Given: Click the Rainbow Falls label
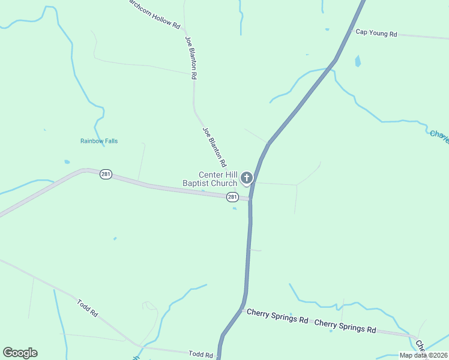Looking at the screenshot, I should coord(99,141).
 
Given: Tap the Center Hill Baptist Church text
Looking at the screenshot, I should coord(210,179).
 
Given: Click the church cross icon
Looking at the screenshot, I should coord(246,178).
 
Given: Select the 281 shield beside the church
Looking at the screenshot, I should coord(232,197).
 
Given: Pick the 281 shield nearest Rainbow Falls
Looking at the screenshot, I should coord(106,174).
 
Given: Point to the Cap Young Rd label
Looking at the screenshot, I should coord(376,34).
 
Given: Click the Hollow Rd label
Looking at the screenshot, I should coord(153,16).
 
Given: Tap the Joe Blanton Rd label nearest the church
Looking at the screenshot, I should coord(214,147).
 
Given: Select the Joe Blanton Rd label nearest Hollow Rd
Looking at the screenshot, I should coord(190,58).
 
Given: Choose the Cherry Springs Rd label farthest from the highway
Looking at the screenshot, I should coord(345,326).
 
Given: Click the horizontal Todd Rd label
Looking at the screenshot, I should coord(200,355).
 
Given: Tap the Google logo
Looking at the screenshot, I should coord(20,353).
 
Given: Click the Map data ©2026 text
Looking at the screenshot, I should coord(423,355).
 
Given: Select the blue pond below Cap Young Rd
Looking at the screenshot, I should coord(358,61).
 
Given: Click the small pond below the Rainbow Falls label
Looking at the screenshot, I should coord(67,162).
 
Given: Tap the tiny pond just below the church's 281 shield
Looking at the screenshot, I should coord(234,208).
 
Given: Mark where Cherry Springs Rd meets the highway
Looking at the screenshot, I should coord(242,310).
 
